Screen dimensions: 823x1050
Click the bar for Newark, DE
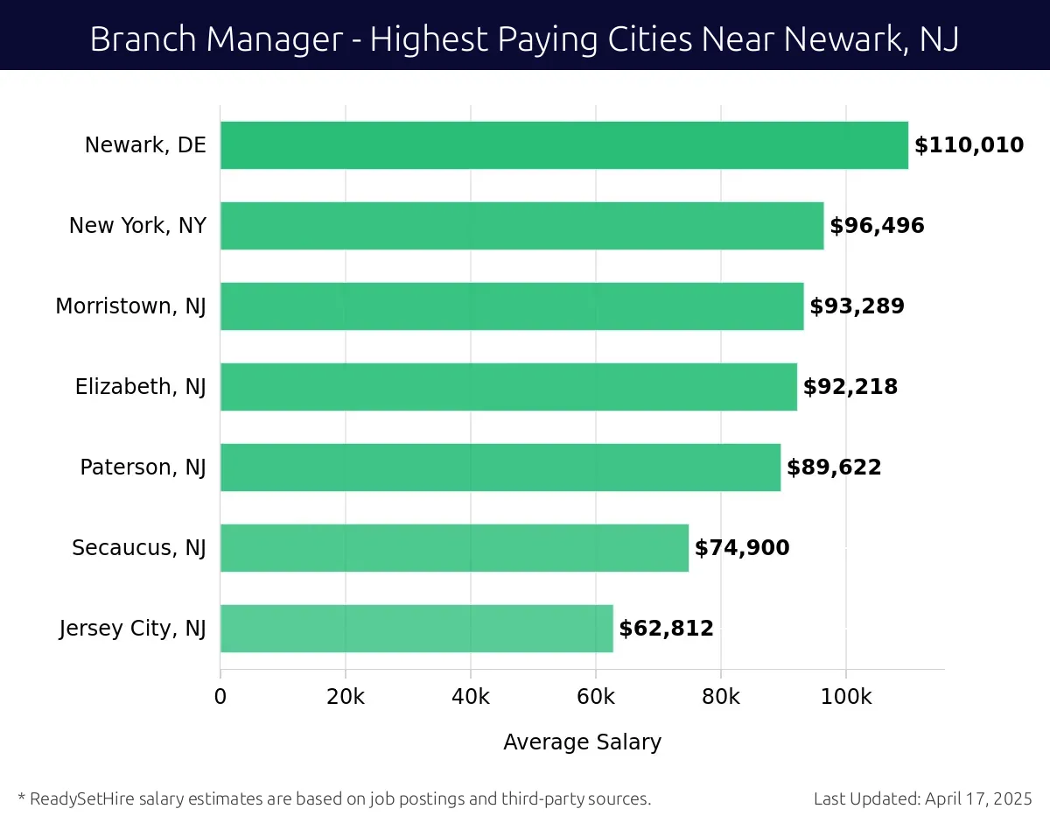click(x=564, y=145)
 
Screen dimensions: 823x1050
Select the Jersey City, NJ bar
click(x=416, y=629)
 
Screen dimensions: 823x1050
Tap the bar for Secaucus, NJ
click(x=454, y=548)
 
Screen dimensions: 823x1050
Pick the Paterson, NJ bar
click(x=500, y=468)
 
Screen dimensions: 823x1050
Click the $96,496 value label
click(x=877, y=226)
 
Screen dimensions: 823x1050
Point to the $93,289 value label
click(x=857, y=306)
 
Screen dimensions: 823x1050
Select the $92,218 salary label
click(x=850, y=387)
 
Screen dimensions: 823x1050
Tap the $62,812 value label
click(x=666, y=629)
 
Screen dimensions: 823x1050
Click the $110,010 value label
click(x=969, y=145)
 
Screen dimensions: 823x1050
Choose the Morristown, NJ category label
click(x=130, y=306)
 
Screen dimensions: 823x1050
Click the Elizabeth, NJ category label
click(x=140, y=387)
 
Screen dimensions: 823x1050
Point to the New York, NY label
click(x=137, y=226)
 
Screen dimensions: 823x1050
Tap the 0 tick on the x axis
click(x=220, y=697)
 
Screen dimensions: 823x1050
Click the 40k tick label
click(x=471, y=697)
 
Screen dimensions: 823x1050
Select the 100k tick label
click(x=846, y=697)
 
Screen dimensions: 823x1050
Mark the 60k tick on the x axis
click(x=596, y=697)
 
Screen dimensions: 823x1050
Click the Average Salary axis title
click(x=582, y=742)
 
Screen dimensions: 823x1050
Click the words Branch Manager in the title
click(x=214, y=39)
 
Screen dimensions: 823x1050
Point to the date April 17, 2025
click(x=979, y=798)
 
